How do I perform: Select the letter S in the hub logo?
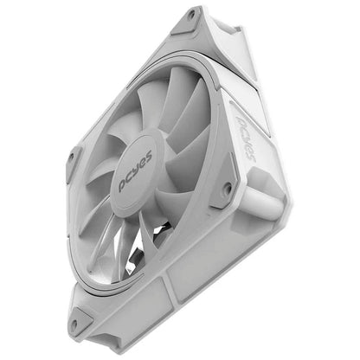click(149, 156)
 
